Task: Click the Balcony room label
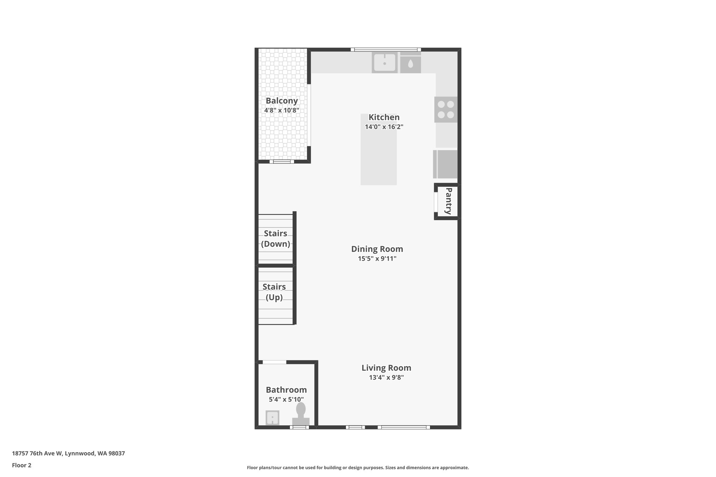281,101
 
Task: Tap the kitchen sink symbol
384,63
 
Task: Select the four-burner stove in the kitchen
446,109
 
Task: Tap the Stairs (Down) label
275,239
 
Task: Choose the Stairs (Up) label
274,292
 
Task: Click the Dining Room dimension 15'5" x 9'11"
377,259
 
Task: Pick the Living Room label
386,368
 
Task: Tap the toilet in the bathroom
301,414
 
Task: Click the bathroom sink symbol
272,417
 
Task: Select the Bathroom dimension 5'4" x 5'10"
286,399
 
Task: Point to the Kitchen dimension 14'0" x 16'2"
384,127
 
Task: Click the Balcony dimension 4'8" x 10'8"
281,110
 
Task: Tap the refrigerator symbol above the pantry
445,164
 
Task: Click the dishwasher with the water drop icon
410,64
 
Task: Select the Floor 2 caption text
22,465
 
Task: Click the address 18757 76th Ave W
68,453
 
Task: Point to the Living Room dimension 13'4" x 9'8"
386,377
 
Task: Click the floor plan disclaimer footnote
358,468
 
